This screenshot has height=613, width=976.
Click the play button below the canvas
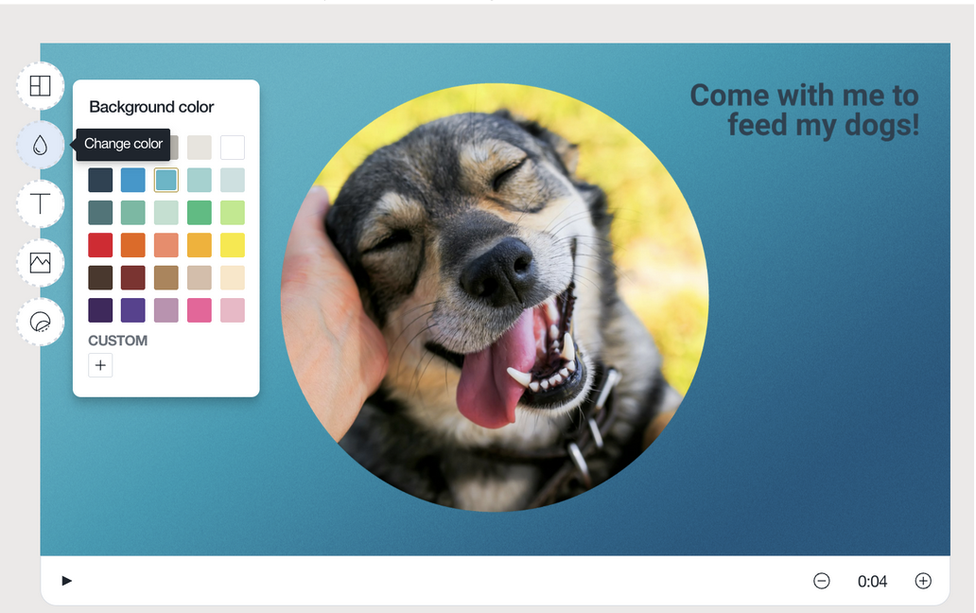point(66,581)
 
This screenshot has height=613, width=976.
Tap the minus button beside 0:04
point(822,582)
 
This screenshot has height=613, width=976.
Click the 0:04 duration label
point(872,582)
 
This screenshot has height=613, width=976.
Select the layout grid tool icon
point(41,86)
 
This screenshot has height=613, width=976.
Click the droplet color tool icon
point(41,145)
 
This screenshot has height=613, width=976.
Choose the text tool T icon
point(41,203)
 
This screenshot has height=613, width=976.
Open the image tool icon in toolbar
point(41,263)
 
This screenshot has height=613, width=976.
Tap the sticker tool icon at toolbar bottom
point(41,322)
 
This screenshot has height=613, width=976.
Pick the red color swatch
point(100,245)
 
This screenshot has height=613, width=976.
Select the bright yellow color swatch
point(233,245)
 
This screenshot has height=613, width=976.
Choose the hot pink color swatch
point(200,310)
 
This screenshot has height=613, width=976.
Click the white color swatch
point(233,148)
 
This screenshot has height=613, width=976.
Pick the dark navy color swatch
point(100,180)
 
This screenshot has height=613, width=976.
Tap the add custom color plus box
point(100,365)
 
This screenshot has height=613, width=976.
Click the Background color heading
point(151,107)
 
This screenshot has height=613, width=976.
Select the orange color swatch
point(133,245)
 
